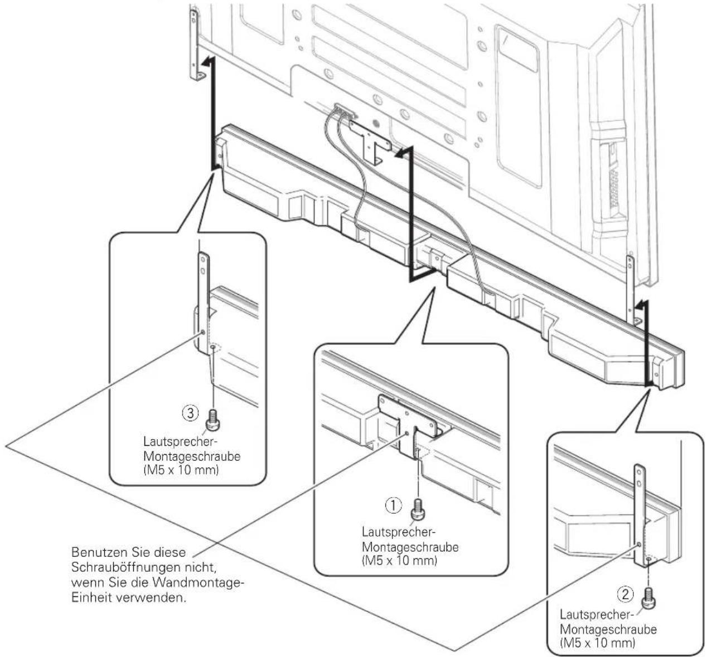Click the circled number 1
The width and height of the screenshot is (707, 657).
click(x=394, y=505)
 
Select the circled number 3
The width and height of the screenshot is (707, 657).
click(x=191, y=413)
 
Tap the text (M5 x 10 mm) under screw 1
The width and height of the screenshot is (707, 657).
click(x=399, y=561)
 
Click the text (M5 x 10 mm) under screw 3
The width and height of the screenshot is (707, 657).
click(x=181, y=470)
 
